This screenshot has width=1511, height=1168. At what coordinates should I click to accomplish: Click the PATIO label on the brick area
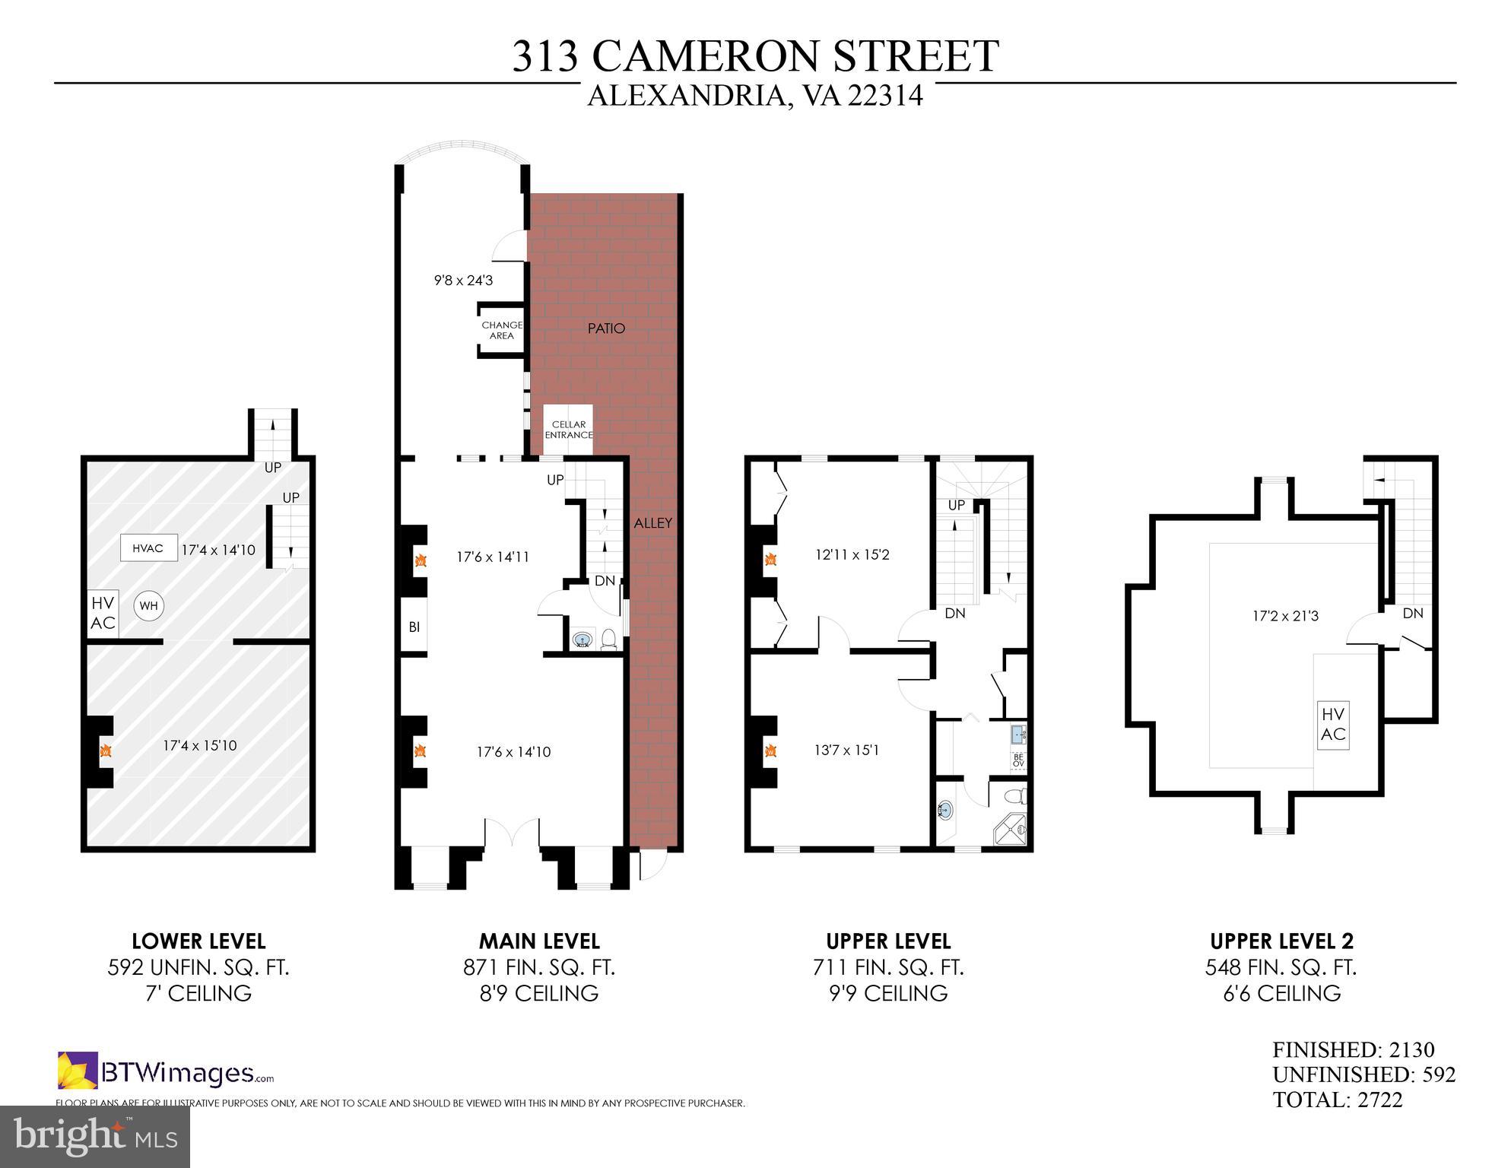[606, 328]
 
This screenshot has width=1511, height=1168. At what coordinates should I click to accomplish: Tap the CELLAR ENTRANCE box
[568, 430]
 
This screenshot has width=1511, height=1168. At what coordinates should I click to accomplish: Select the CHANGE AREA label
[502, 330]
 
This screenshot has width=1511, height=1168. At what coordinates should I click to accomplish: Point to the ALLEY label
[653, 523]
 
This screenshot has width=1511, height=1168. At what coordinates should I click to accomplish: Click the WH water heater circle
[148, 606]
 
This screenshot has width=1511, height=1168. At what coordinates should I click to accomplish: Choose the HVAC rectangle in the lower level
[148, 548]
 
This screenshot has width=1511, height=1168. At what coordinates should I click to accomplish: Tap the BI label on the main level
[414, 627]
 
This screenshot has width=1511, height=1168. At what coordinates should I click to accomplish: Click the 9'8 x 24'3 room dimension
[463, 281]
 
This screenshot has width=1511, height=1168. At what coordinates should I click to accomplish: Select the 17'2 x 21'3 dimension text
[1285, 616]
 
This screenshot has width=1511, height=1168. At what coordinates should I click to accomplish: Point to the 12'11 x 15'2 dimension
[852, 555]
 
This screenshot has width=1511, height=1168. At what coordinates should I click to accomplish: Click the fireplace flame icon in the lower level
[106, 751]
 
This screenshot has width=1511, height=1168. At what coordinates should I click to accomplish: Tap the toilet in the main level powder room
[608, 639]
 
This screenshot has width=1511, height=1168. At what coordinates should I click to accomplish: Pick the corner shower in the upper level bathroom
[1011, 829]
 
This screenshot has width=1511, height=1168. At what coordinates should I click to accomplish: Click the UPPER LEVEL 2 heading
[1281, 941]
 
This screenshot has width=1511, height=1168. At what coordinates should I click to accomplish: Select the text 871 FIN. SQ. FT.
[539, 967]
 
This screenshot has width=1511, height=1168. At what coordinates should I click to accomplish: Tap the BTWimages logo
[166, 1071]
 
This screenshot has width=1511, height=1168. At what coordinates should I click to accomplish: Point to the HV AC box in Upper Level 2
[1333, 724]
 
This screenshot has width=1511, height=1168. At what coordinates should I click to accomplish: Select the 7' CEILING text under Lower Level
[198, 993]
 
